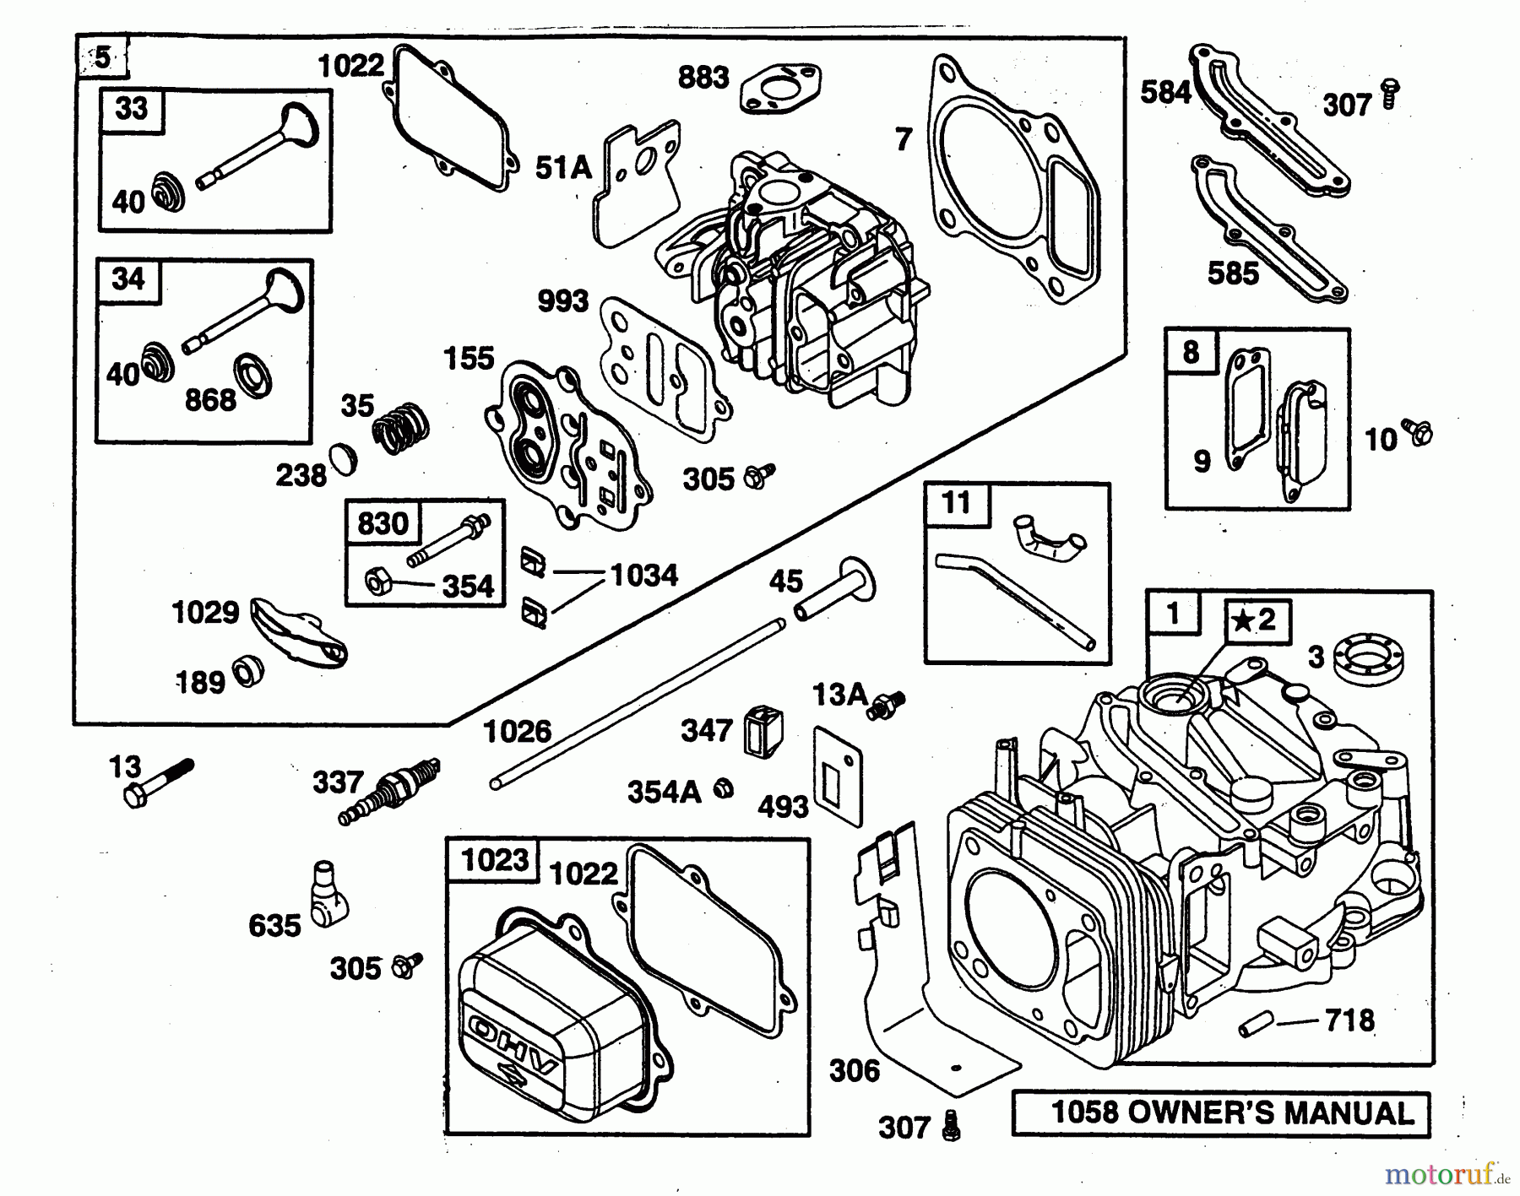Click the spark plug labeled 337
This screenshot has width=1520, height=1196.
pyautogui.click(x=390, y=792)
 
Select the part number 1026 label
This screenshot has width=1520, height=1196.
pyautogui.click(x=517, y=731)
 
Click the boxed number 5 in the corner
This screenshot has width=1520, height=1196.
pyautogui.click(x=102, y=58)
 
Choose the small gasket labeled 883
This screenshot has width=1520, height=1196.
pyautogui.click(x=780, y=88)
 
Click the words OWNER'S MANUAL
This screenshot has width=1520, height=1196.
pyautogui.click(x=1270, y=1113)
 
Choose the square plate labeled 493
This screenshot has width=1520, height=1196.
pyautogui.click(x=838, y=776)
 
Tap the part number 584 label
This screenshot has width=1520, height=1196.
pyautogui.click(x=1164, y=92)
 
